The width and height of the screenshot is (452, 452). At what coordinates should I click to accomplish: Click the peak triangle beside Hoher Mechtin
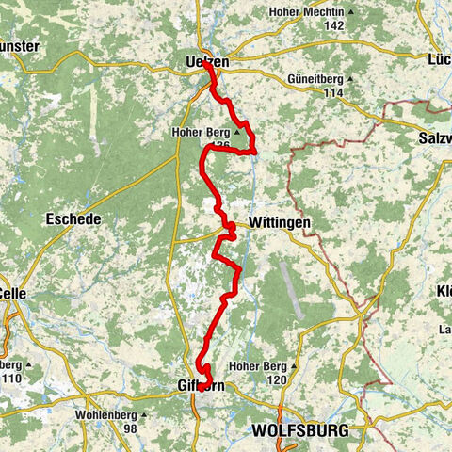coord(350,12)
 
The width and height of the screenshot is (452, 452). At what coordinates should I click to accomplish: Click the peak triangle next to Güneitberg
coord(350,80)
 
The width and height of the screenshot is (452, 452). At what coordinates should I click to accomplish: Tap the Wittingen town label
coord(279,223)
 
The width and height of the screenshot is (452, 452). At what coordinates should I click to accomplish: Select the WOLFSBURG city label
coord(299,430)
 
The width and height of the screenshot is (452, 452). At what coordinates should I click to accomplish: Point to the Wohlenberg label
coord(104,414)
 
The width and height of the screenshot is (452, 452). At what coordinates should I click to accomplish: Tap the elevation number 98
coord(132,428)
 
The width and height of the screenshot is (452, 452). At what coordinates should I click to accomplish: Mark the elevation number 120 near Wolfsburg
coord(276,379)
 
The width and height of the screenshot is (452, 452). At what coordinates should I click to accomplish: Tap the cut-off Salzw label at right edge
coord(432,139)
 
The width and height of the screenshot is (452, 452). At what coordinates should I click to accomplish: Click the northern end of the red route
coord(204,63)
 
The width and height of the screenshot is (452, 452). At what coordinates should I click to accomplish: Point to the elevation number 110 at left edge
coord(11,378)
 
